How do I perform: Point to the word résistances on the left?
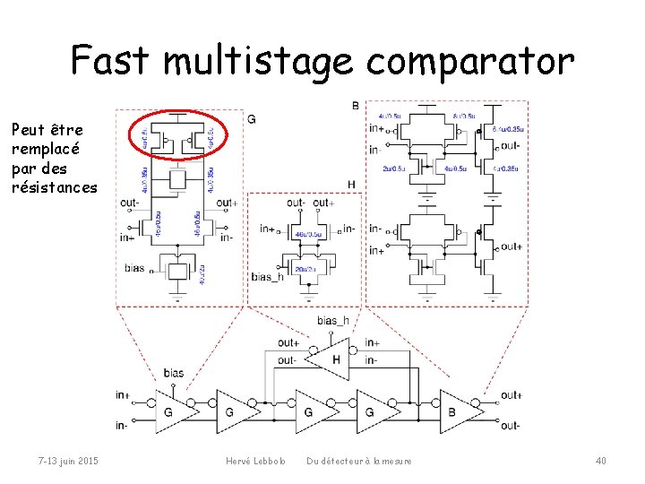click(54, 186)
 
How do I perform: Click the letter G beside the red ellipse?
click(252, 119)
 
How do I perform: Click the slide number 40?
click(600, 461)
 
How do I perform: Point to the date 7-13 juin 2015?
click(68, 461)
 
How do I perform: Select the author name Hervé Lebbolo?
click(255, 461)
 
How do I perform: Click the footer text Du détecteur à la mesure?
click(359, 461)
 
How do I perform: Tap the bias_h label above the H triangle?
click(333, 321)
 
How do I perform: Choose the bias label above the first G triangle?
click(173, 373)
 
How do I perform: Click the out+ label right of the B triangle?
click(511, 395)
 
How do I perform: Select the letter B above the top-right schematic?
click(355, 106)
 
